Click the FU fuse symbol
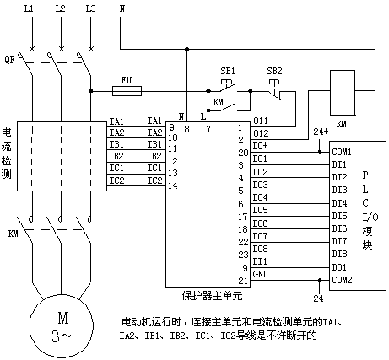127,91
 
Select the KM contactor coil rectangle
343,93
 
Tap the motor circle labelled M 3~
62,326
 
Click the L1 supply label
29,8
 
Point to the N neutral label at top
122,8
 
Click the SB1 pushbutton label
228,71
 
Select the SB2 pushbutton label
274,71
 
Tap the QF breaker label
9,60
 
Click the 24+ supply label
321,132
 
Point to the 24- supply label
321,298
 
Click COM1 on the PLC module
342,152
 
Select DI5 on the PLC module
339,216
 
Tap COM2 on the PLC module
342,280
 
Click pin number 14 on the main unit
173,185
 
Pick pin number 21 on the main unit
243,281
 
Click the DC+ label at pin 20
260,146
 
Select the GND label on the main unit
260,274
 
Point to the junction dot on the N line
186,50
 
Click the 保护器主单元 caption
212,296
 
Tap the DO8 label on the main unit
260,249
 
